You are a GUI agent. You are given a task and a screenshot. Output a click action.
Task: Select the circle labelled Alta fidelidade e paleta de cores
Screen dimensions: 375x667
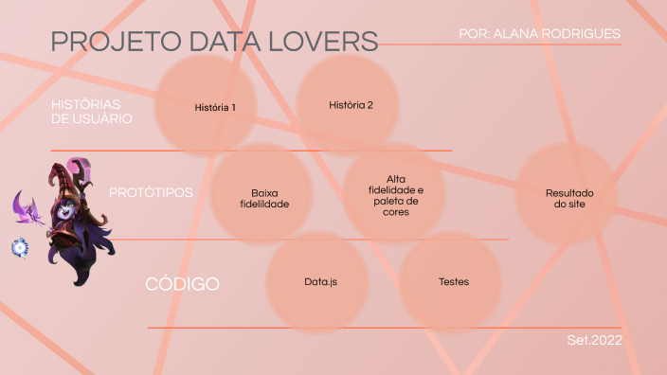[x=394, y=194]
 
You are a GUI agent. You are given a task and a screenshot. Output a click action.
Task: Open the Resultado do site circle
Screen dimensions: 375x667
[x=566, y=196]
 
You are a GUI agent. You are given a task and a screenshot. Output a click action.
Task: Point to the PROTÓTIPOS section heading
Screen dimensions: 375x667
[x=151, y=192]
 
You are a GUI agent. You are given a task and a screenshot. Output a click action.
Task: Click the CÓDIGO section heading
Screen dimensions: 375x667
[x=182, y=284]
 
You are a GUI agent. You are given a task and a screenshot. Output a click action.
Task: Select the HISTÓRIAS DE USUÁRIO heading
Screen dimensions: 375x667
[x=91, y=111]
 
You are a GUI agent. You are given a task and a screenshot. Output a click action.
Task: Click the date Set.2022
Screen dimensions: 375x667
[x=594, y=339]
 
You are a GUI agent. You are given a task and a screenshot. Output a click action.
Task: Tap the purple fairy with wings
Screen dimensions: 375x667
[x=27, y=207]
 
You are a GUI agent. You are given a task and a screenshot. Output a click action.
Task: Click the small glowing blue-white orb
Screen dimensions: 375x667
[x=19, y=247]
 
